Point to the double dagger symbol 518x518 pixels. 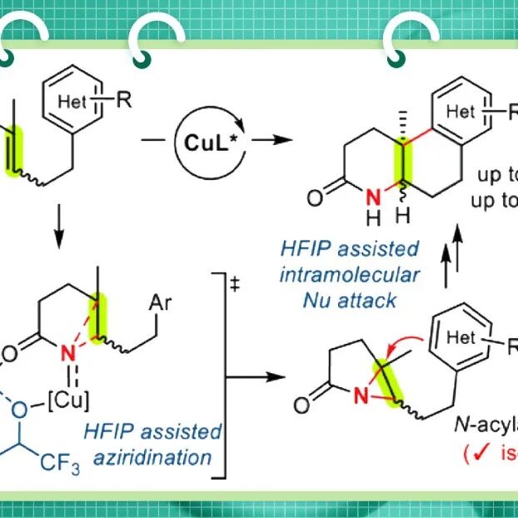point(236,283)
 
